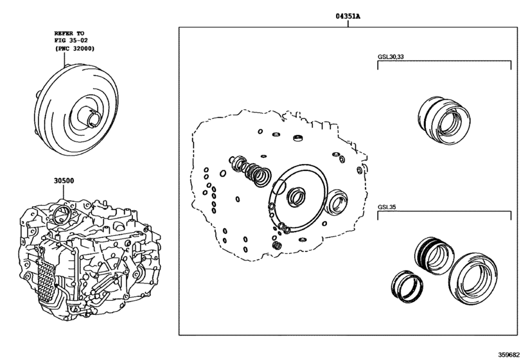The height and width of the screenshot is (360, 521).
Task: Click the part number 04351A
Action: [x=348, y=16]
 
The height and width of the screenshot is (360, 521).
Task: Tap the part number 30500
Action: [x=64, y=181]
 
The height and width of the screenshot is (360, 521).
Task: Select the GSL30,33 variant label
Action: [x=391, y=57]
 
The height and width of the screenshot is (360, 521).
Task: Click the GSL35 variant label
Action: [x=387, y=207]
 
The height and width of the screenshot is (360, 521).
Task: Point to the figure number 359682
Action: [x=508, y=354]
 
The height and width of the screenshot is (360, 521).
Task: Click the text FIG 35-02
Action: [x=71, y=40]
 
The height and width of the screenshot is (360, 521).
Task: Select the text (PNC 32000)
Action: [x=75, y=48]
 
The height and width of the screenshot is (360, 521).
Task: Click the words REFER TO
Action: [x=69, y=33]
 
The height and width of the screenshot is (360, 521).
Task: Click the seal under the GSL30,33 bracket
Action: [x=444, y=120]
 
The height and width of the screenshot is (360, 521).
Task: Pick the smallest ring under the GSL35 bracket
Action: [x=407, y=286]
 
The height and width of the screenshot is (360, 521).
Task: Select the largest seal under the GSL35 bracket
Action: [x=472, y=278]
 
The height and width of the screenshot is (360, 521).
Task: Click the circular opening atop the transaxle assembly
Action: [x=62, y=215]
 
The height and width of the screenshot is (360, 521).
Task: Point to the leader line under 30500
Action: [x=64, y=192]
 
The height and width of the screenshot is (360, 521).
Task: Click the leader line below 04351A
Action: [x=348, y=24]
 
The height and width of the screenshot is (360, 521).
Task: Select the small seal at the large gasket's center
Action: [x=296, y=196]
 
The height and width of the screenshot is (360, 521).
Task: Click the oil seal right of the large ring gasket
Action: [x=338, y=201]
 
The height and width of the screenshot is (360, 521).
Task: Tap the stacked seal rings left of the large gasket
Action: [x=250, y=170]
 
